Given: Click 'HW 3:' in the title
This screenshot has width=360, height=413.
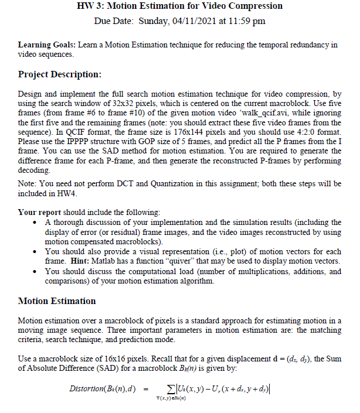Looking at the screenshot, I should [x=90, y=6].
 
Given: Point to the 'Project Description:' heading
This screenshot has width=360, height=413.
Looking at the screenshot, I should [x=60, y=74].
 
